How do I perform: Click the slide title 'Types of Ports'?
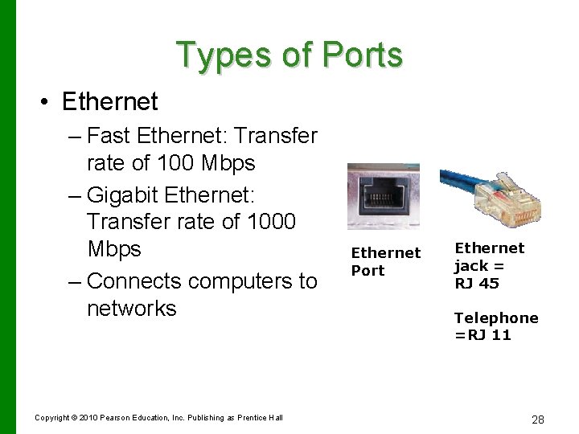tap(289, 55)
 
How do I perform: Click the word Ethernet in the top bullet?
tap(109, 102)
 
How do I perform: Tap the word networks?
tap(131, 308)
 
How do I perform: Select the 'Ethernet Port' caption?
tap(385, 261)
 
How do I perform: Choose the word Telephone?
tap(496, 318)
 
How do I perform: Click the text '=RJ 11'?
tap(482, 335)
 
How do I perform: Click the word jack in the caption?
tap(472, 266)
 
